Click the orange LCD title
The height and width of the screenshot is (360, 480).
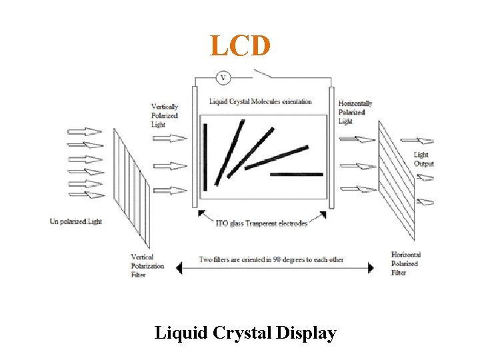pos(241,46)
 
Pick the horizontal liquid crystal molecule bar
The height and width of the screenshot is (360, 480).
pos(297,175)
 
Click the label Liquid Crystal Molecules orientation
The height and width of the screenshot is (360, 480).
pos(260,102)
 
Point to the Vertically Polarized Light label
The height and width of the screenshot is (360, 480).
pos(165,115)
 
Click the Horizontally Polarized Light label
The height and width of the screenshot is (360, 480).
pos(355,112)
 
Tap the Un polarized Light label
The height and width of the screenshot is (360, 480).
pos(76,221)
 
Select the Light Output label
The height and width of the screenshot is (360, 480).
pos(423,159)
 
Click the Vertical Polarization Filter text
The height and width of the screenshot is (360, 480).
pos(147,265)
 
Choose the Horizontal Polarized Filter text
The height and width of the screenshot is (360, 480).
pos(405,263)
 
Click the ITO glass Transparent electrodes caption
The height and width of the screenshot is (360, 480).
pos(262,223)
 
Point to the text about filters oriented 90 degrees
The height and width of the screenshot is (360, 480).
pos(271,259)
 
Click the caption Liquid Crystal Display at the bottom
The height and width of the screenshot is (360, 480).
pos(245,332)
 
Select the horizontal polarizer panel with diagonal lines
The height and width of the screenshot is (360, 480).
pos(396,180)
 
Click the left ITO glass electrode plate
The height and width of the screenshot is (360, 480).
pos(195,147)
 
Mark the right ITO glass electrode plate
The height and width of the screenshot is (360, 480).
pos(331,147)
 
